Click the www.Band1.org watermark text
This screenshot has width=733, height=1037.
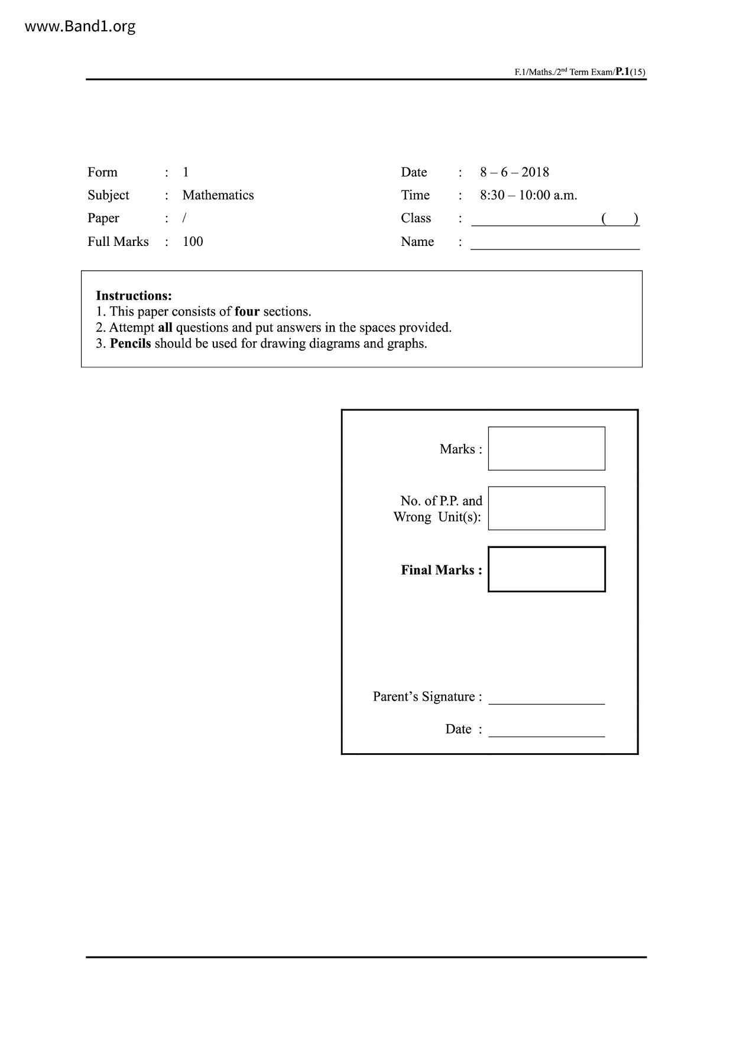coord(80,27)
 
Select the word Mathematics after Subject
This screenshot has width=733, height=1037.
coord(218,195)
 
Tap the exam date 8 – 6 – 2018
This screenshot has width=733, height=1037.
coord(514,172)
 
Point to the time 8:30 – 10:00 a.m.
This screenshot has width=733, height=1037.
coord(528,195)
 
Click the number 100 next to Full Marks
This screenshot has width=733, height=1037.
coord(193,241)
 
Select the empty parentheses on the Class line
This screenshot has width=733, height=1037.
coord(620,219)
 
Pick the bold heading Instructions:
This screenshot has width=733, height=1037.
coord(134,296)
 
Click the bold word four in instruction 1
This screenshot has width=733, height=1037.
coord(247,312)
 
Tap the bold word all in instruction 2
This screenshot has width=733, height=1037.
coord(165,328)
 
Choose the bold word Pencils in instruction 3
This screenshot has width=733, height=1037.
coord(130,343)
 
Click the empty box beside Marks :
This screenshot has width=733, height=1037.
coord(546,449)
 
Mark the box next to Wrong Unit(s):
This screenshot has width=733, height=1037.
coord(546,508)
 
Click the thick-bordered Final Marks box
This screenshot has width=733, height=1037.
coord(546,569)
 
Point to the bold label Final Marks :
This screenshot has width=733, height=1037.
coord(441,570)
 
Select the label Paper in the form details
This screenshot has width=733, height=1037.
coord(103,218)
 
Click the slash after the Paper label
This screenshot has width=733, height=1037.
coord(184,218)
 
